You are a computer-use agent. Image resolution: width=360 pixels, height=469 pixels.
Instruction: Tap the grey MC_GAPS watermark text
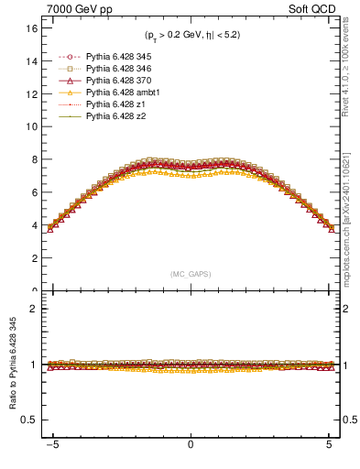[190, 274]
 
